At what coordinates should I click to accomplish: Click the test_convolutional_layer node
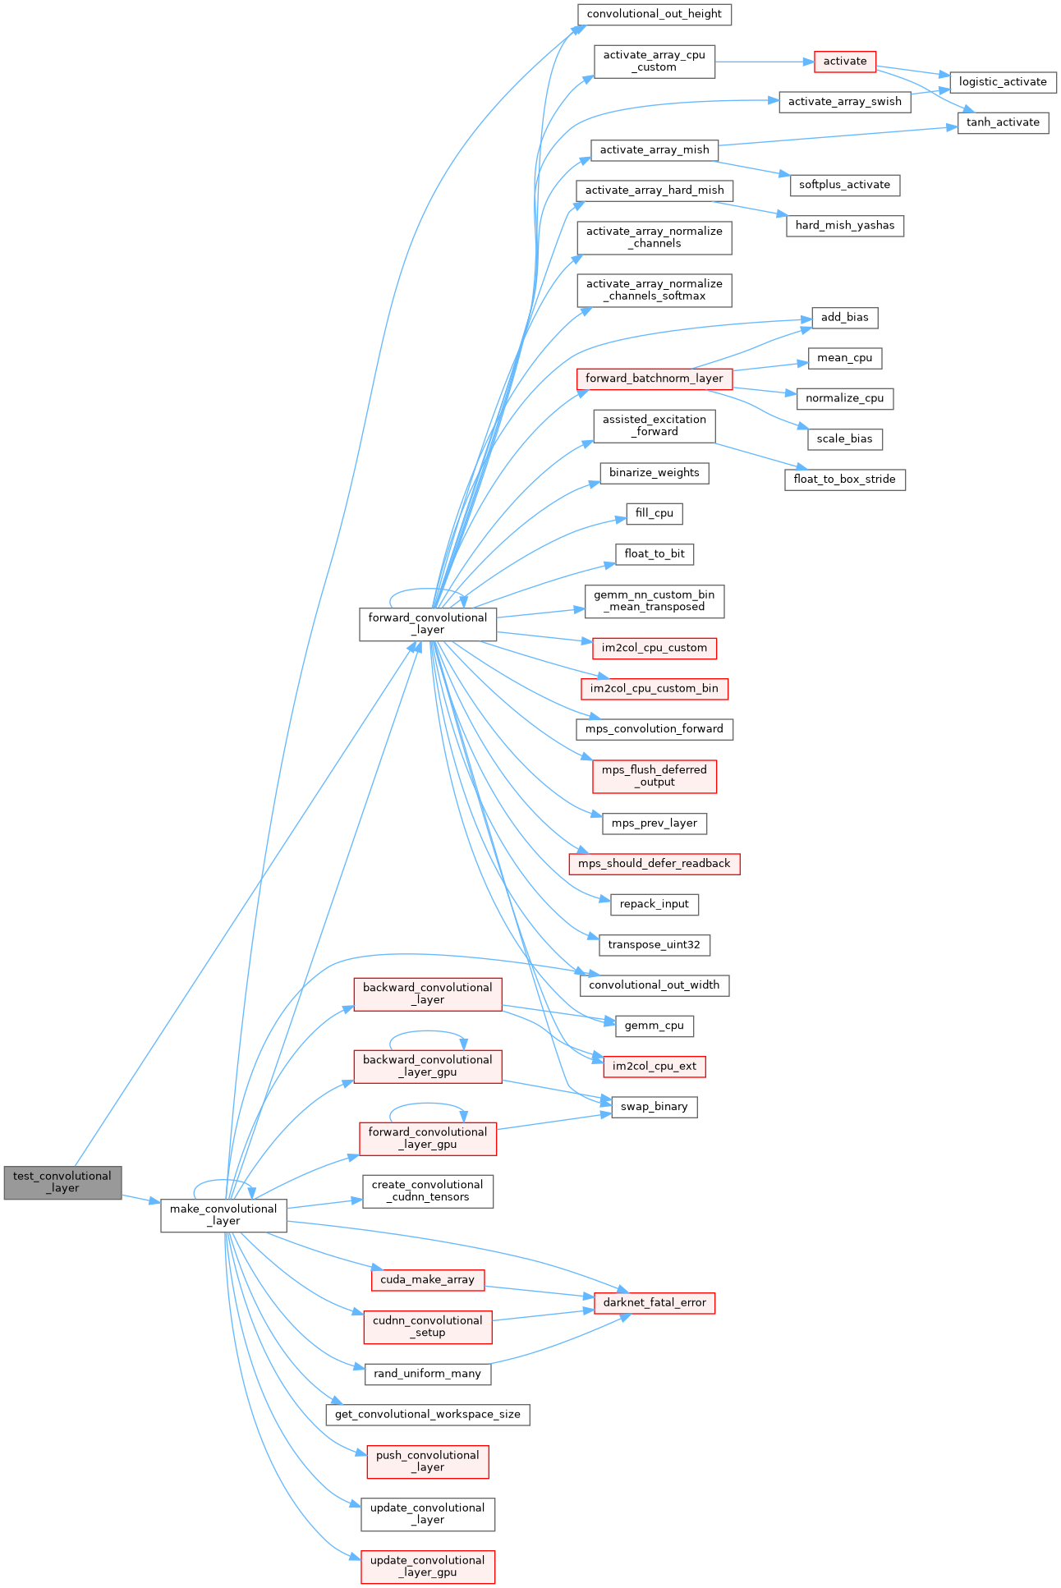tap(62, 1182)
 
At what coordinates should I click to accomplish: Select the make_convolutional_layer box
tap(223, 1215)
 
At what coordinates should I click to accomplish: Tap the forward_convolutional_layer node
tap(428, 624)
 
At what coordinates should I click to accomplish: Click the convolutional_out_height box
tap(654, 15)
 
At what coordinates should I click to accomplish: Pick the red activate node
tap(845, 62)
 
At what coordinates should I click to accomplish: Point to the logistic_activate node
tap(1003, 82)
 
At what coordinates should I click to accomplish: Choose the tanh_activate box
tap(1003, 122)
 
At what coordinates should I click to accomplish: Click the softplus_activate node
tap(844, 185)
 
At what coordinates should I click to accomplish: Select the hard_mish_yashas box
tap(845, 226)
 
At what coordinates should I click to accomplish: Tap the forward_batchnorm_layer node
tap(654, 379)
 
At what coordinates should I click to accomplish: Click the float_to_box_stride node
tap(844, 480)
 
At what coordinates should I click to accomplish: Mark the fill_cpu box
tap(654, 513)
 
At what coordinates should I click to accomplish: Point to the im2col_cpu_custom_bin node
tap(654, 689)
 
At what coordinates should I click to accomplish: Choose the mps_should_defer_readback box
tap(654, 864)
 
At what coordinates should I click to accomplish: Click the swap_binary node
tap(654, 1107)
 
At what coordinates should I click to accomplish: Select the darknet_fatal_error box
tap(654, 1303)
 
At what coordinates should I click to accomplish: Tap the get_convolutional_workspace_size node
tap(427, 1415)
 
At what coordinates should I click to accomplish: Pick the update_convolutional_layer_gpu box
tap(428, 1567)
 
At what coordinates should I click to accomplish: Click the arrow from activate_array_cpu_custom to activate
tap(764, 62)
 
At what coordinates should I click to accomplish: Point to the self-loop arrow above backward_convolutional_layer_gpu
tap(427, 1033)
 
